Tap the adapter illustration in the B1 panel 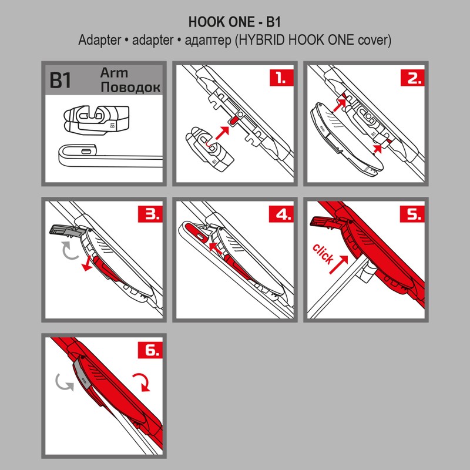coord(93,117)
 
